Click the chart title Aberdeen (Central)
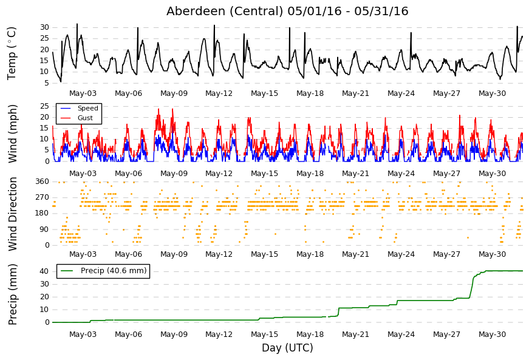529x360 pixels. point(225,11)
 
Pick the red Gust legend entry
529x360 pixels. point(77,118)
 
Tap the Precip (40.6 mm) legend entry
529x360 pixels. point(103,271)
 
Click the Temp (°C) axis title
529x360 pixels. point(12,53)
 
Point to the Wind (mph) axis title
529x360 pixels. point(13,134)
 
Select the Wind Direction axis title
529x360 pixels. point(13,214)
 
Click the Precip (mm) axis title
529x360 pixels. point(13,294)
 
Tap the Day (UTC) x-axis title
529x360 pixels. point(287,347)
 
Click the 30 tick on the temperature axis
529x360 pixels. point(44,27)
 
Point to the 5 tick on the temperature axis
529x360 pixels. point(47,83)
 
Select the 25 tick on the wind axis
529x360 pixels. point(44,106)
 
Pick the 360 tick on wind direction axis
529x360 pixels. point(43,182)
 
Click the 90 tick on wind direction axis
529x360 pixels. point(44,229)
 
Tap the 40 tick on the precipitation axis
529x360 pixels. point(44,271)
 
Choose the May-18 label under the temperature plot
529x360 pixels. point(310,93)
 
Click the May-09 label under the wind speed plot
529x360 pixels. point(174,174)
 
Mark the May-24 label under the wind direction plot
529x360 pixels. point(401,254)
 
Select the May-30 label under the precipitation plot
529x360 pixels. point(492,335)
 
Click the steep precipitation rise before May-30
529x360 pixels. point(472,287)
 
